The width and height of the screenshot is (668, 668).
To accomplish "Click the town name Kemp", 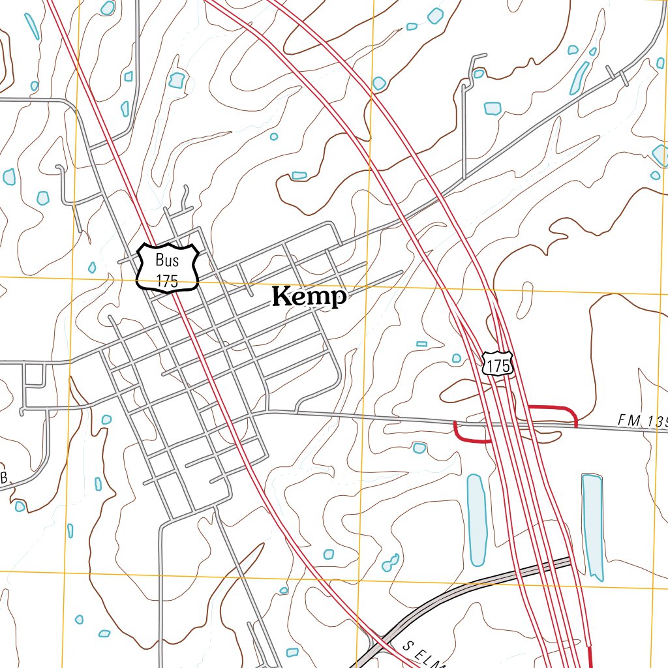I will point(309,297).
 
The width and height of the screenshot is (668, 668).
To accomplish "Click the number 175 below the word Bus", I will point(167,281).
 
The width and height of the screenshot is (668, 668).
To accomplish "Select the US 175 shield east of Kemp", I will point(498,365).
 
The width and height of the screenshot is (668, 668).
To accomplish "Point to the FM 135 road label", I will point(642,422).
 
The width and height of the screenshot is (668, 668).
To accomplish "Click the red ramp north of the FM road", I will point(553,410).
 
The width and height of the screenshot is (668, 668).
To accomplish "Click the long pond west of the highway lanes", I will point(476,519).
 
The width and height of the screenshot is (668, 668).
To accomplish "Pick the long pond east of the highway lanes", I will point(592,526).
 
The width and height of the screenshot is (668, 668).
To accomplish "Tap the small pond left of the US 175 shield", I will point(457,358).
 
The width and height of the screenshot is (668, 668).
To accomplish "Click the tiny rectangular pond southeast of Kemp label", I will point(421,344).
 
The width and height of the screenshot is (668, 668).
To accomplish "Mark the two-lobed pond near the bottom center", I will point(391,562).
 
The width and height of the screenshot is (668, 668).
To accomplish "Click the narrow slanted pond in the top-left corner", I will point(31,25).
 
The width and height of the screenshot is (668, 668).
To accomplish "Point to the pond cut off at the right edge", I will point(660,155).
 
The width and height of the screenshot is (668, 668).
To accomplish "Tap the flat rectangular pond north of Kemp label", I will point(299,175).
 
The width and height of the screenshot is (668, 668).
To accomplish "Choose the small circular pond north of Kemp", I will point(274,137).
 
